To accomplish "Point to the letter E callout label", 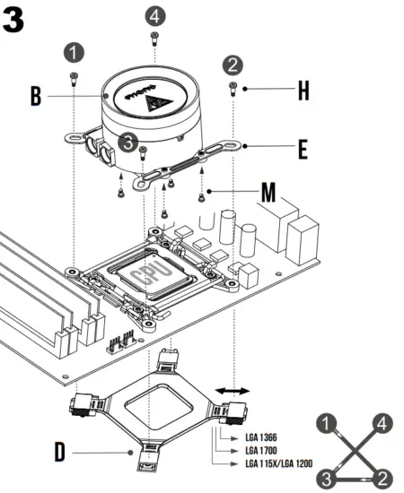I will [303, 147].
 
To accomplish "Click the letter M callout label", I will [268, 192].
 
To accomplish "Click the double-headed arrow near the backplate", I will [236, 391].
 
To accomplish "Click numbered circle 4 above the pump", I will [155, 16].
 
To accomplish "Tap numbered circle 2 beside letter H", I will [233, 65].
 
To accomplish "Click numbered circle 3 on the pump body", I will [129, 142].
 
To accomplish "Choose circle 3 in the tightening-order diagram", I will [329, 476].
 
